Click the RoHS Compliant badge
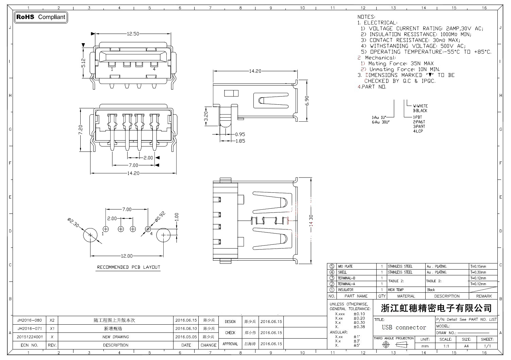41,17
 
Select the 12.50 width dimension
133,34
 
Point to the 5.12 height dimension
83,63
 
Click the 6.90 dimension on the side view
307,101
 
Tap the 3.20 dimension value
205,116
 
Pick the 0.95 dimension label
240,134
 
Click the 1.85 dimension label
240,141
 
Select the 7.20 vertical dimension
81,130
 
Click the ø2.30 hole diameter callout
73,223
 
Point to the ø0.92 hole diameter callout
160,216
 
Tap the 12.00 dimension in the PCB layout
127,256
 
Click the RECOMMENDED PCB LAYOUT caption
128,267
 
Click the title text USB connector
404,327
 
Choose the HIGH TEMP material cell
396,290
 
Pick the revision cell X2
52,320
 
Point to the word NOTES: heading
366,17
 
